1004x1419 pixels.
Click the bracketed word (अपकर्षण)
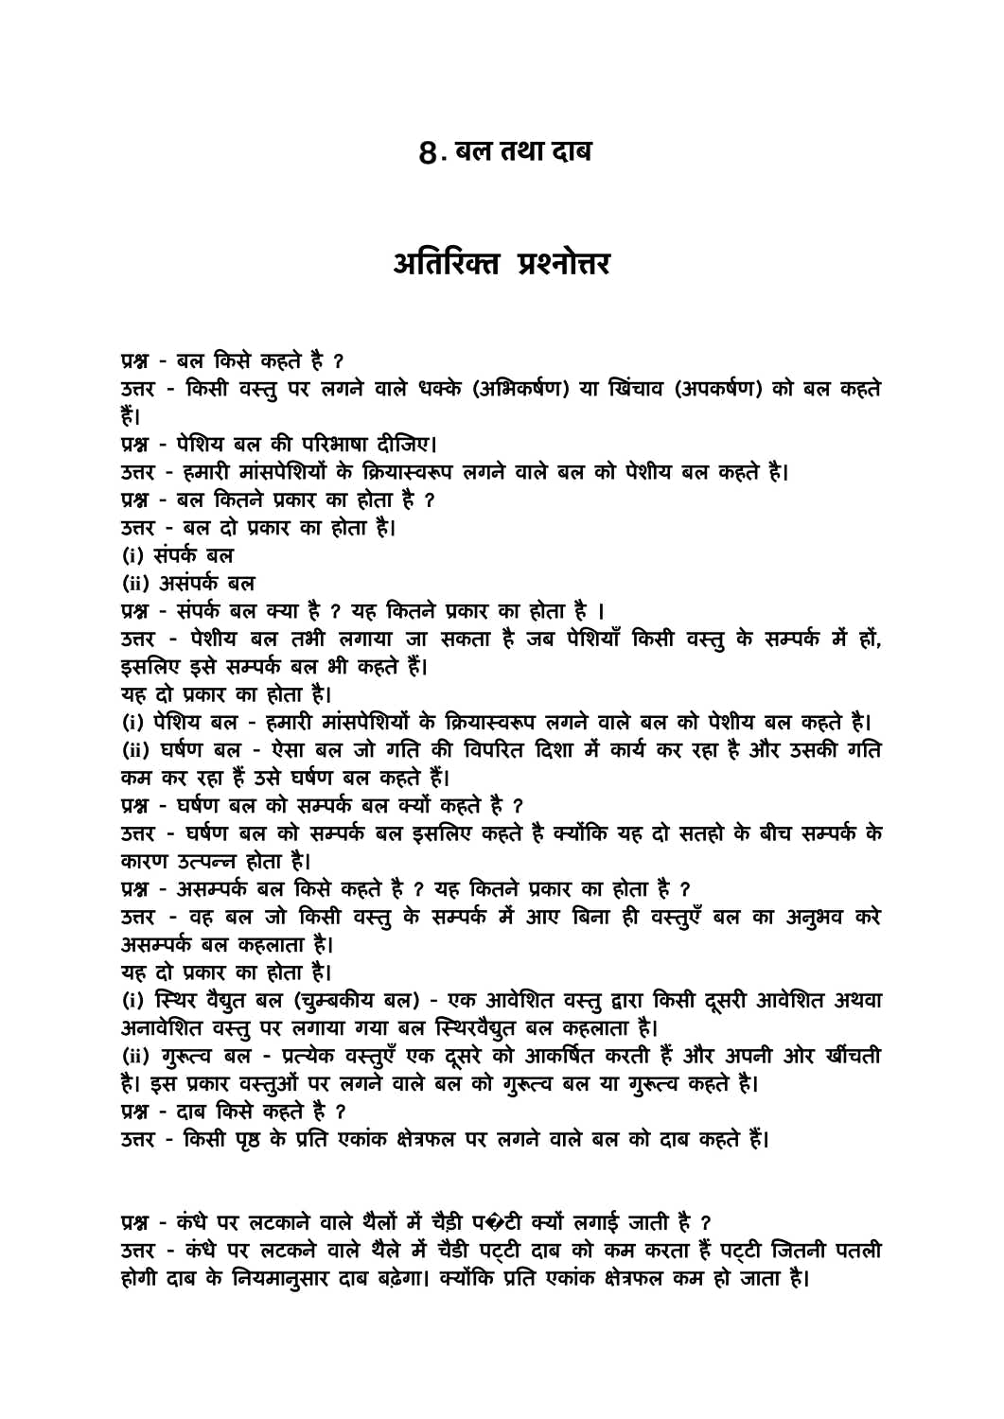(x=718, y=389)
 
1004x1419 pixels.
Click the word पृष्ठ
(x=255, y=1139)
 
